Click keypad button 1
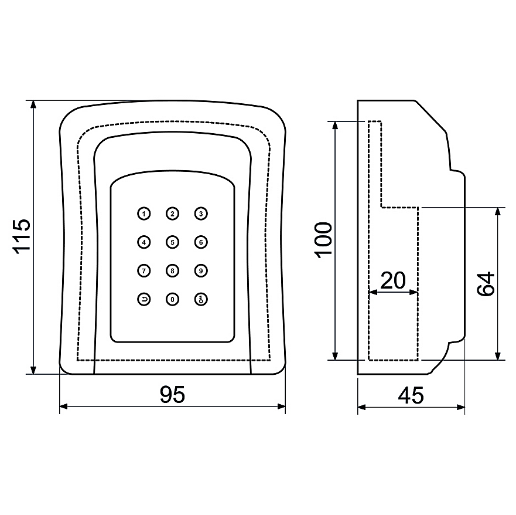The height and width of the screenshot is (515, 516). point(144,214)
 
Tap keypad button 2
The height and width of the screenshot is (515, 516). point(172,214)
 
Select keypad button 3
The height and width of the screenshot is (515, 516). point(201,214)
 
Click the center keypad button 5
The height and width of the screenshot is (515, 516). point(172,242)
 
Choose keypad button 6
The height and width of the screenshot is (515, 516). point(201,242)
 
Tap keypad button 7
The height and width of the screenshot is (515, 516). point(144,271)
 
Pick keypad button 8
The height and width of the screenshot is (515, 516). point(172,271)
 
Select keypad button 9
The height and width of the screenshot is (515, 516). point(201,271)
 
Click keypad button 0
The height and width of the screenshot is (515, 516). point(172,299)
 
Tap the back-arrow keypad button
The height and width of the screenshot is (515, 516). point(144,299)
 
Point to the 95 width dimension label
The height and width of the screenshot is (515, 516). point(172,394)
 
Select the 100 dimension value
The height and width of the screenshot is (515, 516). point(323,240)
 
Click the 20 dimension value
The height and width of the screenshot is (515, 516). point(393,280)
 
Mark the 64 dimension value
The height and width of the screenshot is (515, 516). point(486,284)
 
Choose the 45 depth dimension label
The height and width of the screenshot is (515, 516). point(411,395)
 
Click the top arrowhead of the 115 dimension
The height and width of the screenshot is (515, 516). point(33,104)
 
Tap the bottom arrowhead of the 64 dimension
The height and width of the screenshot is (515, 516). point(498,356)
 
